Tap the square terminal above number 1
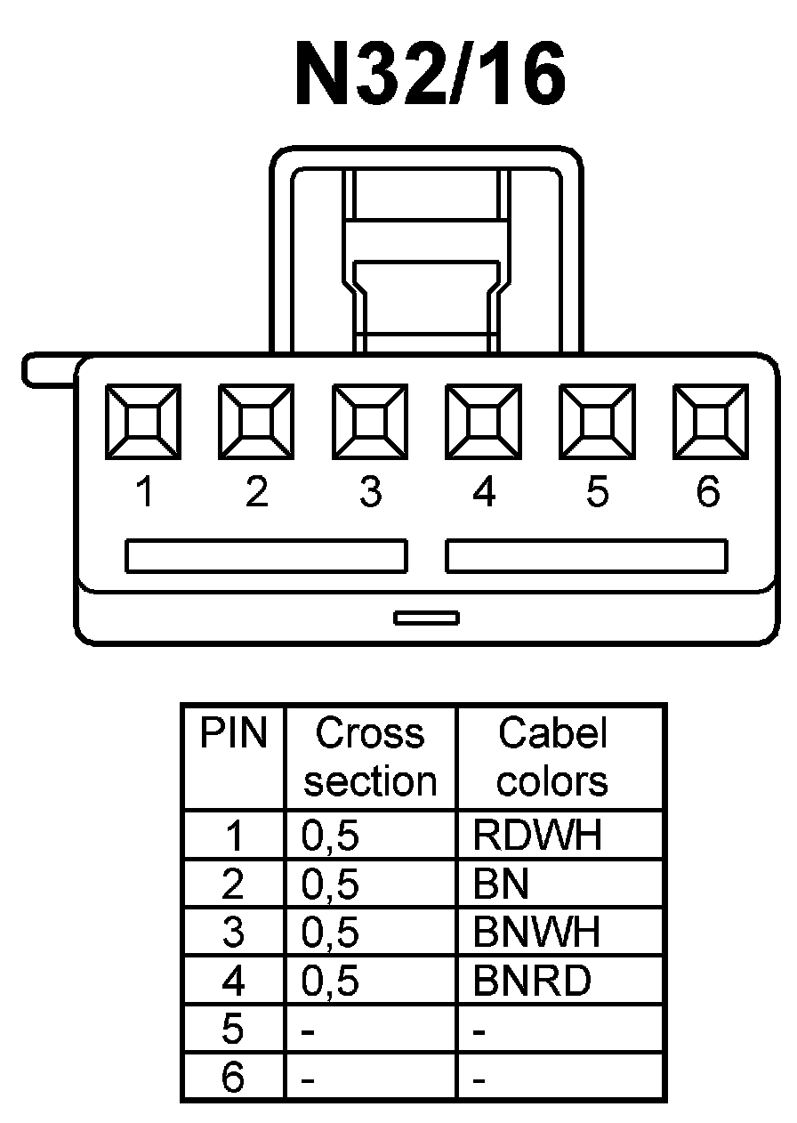[143, 421]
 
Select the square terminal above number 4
[483, 421]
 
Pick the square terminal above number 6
[710, 421]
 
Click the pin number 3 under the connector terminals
[370, 491]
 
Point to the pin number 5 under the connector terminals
[597, 491]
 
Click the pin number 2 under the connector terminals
[256, 491]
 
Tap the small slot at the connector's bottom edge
[427, 617]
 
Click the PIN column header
[233, 734]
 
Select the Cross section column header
[370, 757]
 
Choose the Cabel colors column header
[552, 757]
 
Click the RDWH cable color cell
[537, 836]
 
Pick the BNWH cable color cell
[537, 932]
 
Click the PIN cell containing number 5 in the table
[233, 1030]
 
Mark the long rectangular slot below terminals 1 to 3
[266, 555]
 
